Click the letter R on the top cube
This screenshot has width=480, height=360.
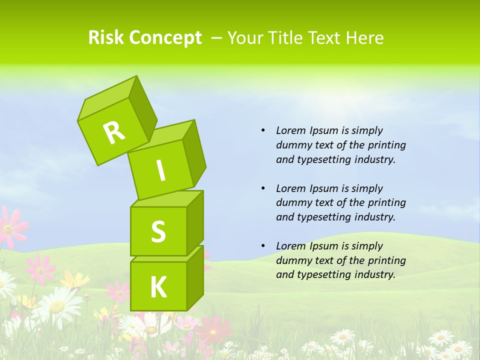pyautogui.click(x=114, y=133)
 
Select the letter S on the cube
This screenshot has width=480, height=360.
pyautogui.click(x=158, y=231)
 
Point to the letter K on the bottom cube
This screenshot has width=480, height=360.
pyautogui.click(x=158, y=287)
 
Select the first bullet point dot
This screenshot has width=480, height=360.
pyautogui.click(x=263, y=130)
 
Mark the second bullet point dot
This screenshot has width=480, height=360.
pyautogui.click(x=263, y=188)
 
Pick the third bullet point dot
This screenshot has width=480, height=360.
pyautogui.click(x=263, y=246)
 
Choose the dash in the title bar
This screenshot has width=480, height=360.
pyautogui.click(x=217, y=38)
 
